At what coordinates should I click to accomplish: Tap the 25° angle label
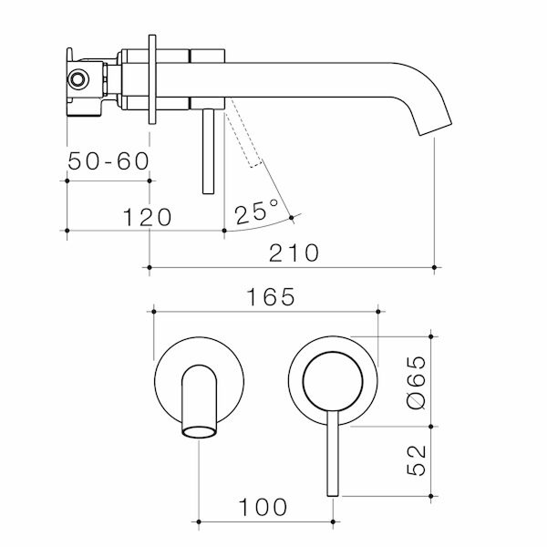pyautogui.click(x=256, y=213)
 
